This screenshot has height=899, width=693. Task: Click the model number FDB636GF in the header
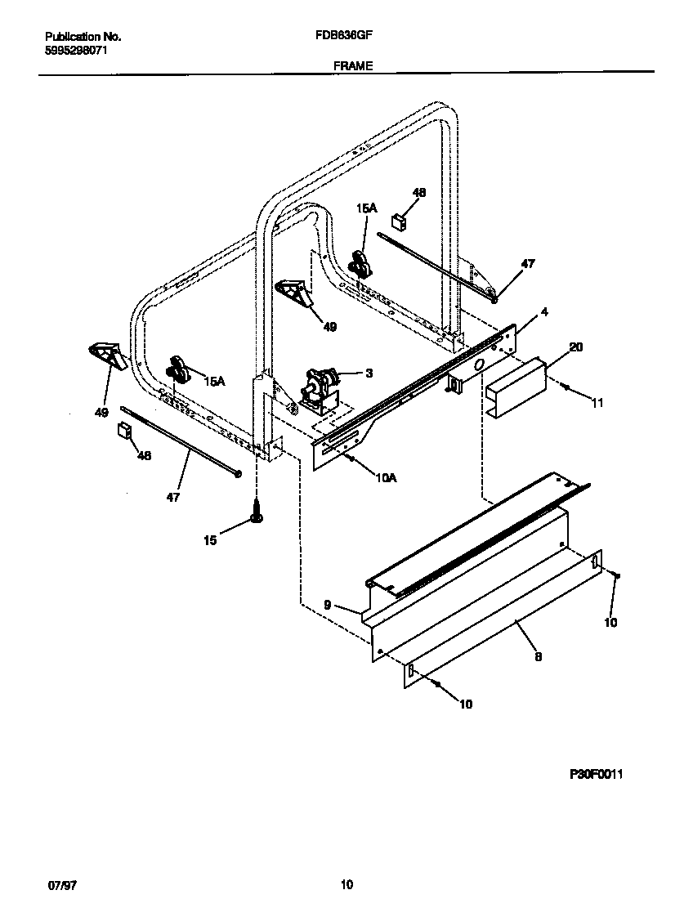pyautogui.click(x=352, y=37)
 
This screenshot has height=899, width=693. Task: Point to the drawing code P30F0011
pyautogui.click(x=596, y=774)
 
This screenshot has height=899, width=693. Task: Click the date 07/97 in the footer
pyautogui.click(x=57, y=884)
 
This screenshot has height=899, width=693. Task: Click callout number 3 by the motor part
pyautogui.click(x=369, y=373)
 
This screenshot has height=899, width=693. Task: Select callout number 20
pyautogui.click(x=575, y=347)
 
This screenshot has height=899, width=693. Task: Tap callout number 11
pyautogui.click(x=597, y=403)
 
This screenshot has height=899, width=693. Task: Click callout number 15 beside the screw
pyautogui.click(x=210, y=540)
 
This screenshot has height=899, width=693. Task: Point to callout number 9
pyautogui.click(x=327, y=606)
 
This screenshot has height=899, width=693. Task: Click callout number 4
pyautogui.click(x=543, y=311)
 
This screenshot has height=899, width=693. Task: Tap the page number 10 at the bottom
pyautogui.click(x=346, y=884)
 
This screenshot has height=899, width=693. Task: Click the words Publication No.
pyautogui.click(x=83, y=37)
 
